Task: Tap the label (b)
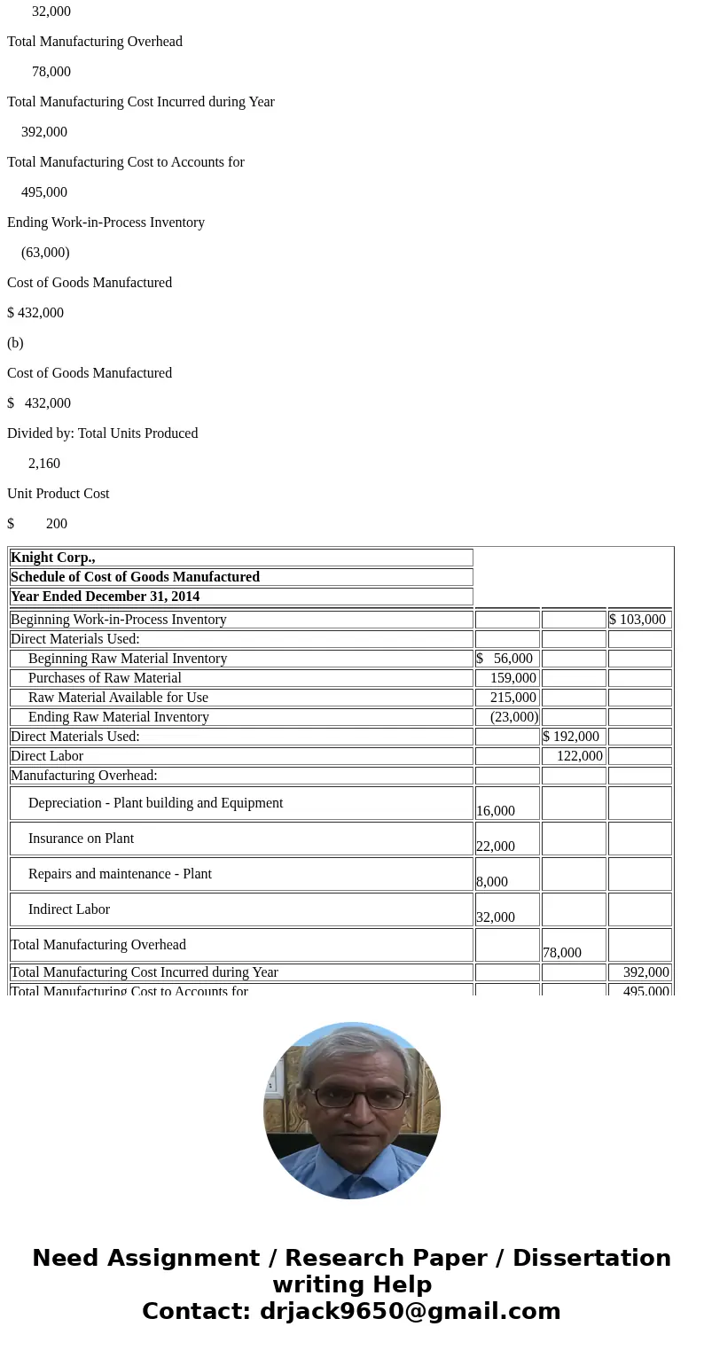tap(15, 343)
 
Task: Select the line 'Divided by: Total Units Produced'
tap(102, 433)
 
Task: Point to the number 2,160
tap(44, 464)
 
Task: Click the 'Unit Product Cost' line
tap(58, 494)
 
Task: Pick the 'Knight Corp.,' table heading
tap(52, 558)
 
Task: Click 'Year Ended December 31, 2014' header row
tap(105, 597)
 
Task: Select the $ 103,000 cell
tap(638, 620)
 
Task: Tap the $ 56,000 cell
tap(505, 659)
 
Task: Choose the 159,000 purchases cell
tap(512, 678)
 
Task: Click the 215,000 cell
tap(512, 698)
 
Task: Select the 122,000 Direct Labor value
tap(579, 756)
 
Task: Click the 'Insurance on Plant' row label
tap(81, 839)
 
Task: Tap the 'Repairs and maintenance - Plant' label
tap(120, 874)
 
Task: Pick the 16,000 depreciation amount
tap(496, 811)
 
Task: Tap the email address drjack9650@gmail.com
tap(410, 1312)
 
